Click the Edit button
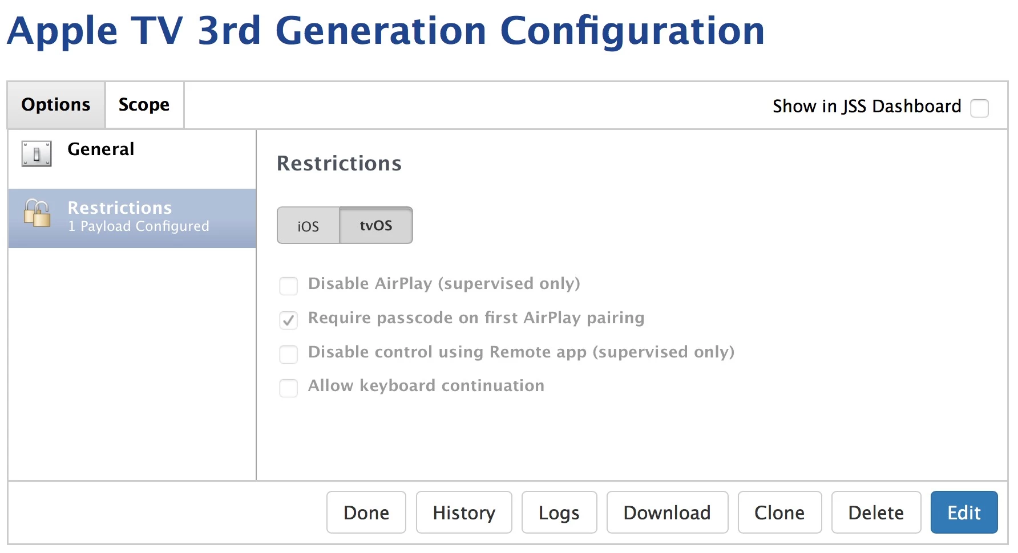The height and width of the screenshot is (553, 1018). tap(964, 512)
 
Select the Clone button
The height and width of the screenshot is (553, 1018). tap(779, 512)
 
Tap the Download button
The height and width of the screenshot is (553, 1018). tap(667, 512)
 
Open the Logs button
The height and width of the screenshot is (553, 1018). tap(559, 512)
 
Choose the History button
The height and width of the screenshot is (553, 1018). tap(464, 512)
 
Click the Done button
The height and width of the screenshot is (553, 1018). tap(366, 512)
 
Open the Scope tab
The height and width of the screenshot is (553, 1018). tap(144, 105)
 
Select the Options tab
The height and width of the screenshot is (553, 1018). tap(56, 105)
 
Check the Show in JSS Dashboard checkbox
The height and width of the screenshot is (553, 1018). tap(979, 108)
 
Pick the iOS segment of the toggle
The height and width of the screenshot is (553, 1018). tap(308, 226)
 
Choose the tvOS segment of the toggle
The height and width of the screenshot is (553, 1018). tap(376, 226)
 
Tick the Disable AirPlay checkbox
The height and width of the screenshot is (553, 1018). tap(289, 286)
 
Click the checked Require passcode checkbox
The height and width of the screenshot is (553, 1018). tap(289, 320)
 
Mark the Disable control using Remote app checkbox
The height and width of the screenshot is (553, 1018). tap(289, 354)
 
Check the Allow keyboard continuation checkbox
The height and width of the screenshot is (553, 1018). tap(289, 388)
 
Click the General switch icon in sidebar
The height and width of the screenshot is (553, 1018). tap(37, 153)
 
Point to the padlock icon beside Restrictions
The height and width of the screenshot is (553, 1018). tap(37, 213)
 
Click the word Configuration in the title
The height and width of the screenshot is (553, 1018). tap(632, 32)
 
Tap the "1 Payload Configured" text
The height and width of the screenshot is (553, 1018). tap(139, 226)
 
